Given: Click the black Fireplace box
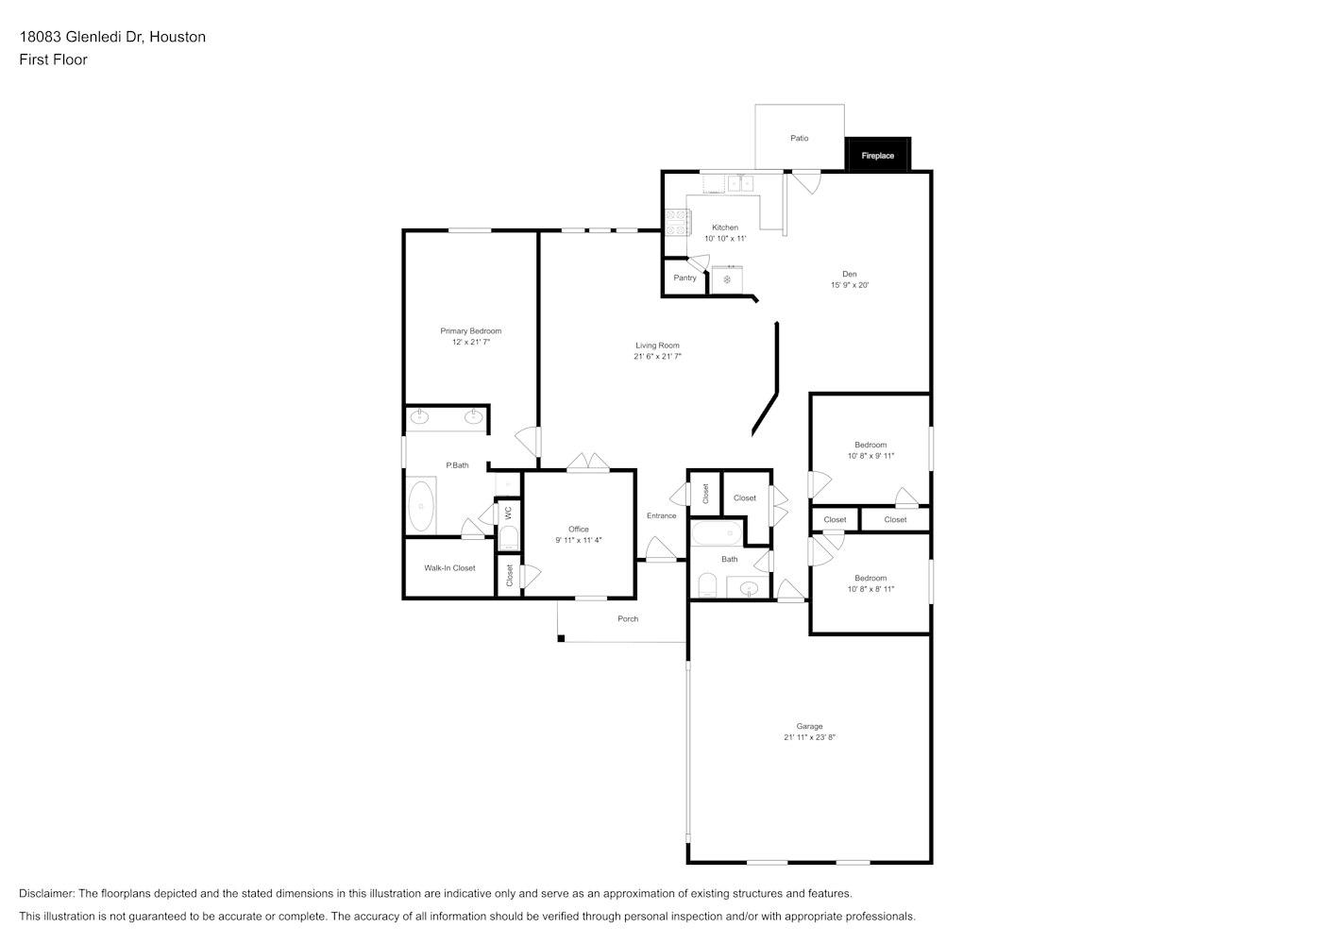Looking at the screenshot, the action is [x=878, y=155].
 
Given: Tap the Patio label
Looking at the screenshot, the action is [x=800, y=138].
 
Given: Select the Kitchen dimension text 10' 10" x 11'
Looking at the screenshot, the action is [x=725, y=239].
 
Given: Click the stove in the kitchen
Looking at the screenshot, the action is [x=678, y=222].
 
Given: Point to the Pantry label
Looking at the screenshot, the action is [x=684, y=278].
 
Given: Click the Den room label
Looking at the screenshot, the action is [x=850, y=274].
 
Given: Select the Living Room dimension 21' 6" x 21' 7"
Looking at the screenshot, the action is [x=657, y=357].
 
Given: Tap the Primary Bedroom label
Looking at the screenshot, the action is [x=471, y=330].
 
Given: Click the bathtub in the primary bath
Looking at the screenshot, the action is [x=421, y=506].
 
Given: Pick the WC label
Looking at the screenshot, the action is [x=508, y=513].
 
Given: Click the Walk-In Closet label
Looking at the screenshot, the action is [x=449, y=568].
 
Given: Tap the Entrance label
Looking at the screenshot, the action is [x=662, y=515].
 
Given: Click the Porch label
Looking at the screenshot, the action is [x=628, y=618].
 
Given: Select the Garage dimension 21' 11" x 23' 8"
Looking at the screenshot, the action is [x=809, y=736].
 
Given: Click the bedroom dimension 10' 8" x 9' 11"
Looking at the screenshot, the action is [x=870, y=455].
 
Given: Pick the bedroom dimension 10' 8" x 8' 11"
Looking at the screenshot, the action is [x=870, y=589].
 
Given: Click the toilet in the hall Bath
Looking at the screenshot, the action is [x=707, y=585].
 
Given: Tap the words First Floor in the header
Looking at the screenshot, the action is [x=53, y=59].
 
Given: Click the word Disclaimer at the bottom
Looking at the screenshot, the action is [x=47, y=893].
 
